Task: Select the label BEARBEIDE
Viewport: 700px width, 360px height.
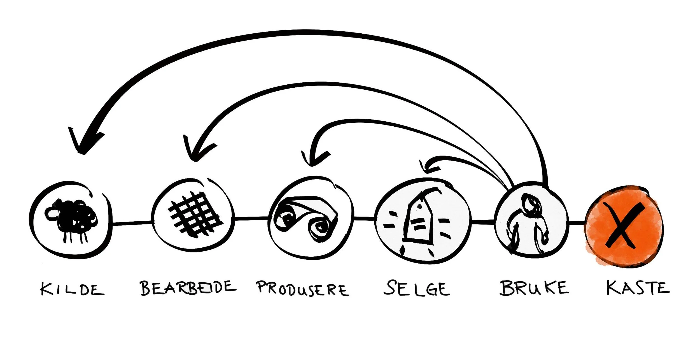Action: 188,288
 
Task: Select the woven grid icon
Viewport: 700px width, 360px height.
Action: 195,215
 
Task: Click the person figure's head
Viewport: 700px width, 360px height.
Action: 530,203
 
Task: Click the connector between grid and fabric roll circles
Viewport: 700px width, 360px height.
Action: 251,218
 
